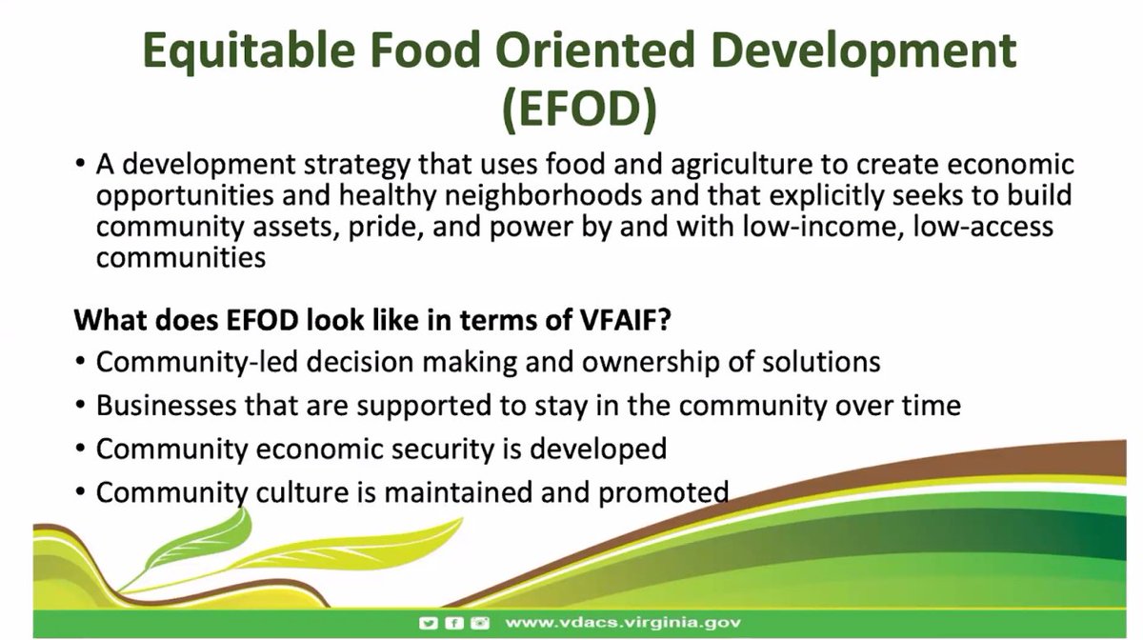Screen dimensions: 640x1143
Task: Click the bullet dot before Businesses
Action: pos(81,406)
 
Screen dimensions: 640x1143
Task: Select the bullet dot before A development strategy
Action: pos(81,164)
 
